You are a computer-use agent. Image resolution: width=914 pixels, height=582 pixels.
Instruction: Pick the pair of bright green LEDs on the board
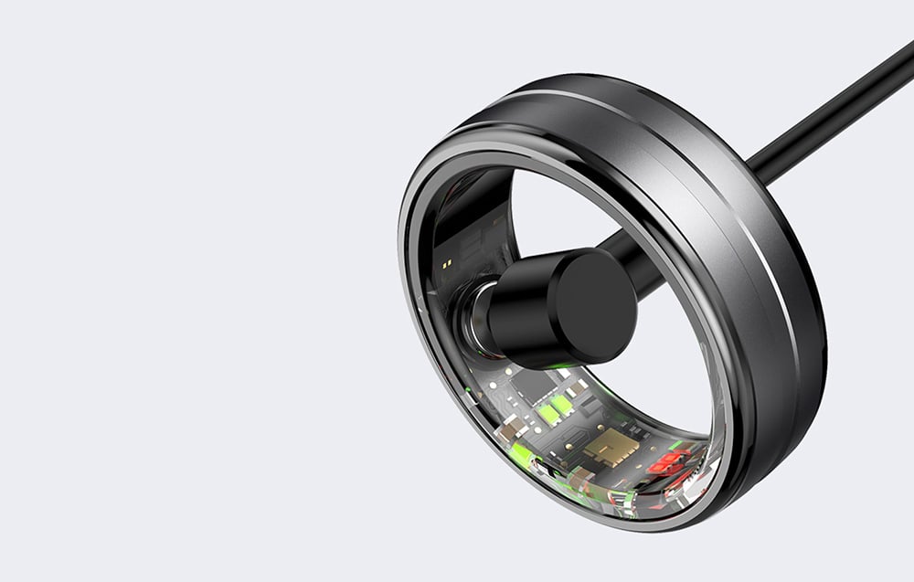553,412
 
